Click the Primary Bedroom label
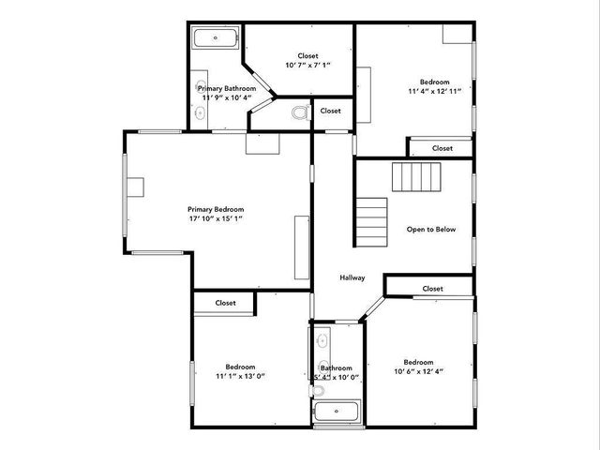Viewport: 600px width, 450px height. tap(216, 209)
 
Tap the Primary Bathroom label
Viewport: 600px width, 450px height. tap(227, 88)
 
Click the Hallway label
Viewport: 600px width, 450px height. tap(352, 277)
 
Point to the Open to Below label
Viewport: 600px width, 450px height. tap(431, 229)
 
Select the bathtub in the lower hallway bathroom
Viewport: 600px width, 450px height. tap(335, 412)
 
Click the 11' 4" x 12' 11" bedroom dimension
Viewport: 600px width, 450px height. tap(434, 93)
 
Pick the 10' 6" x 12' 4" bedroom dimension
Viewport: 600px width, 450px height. tap(418, 372)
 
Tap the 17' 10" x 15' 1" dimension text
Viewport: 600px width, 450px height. tap(216, 219)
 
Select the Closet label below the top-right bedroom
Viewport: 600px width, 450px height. tap(442, 148)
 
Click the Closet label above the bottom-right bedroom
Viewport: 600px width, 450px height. tap(432, 289)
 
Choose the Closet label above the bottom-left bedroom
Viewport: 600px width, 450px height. tap(225, 303)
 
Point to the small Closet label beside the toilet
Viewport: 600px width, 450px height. tap(330, 111)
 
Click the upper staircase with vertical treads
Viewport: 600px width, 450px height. tap(416, 176)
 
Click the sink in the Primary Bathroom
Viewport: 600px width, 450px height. tap(200, 112)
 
